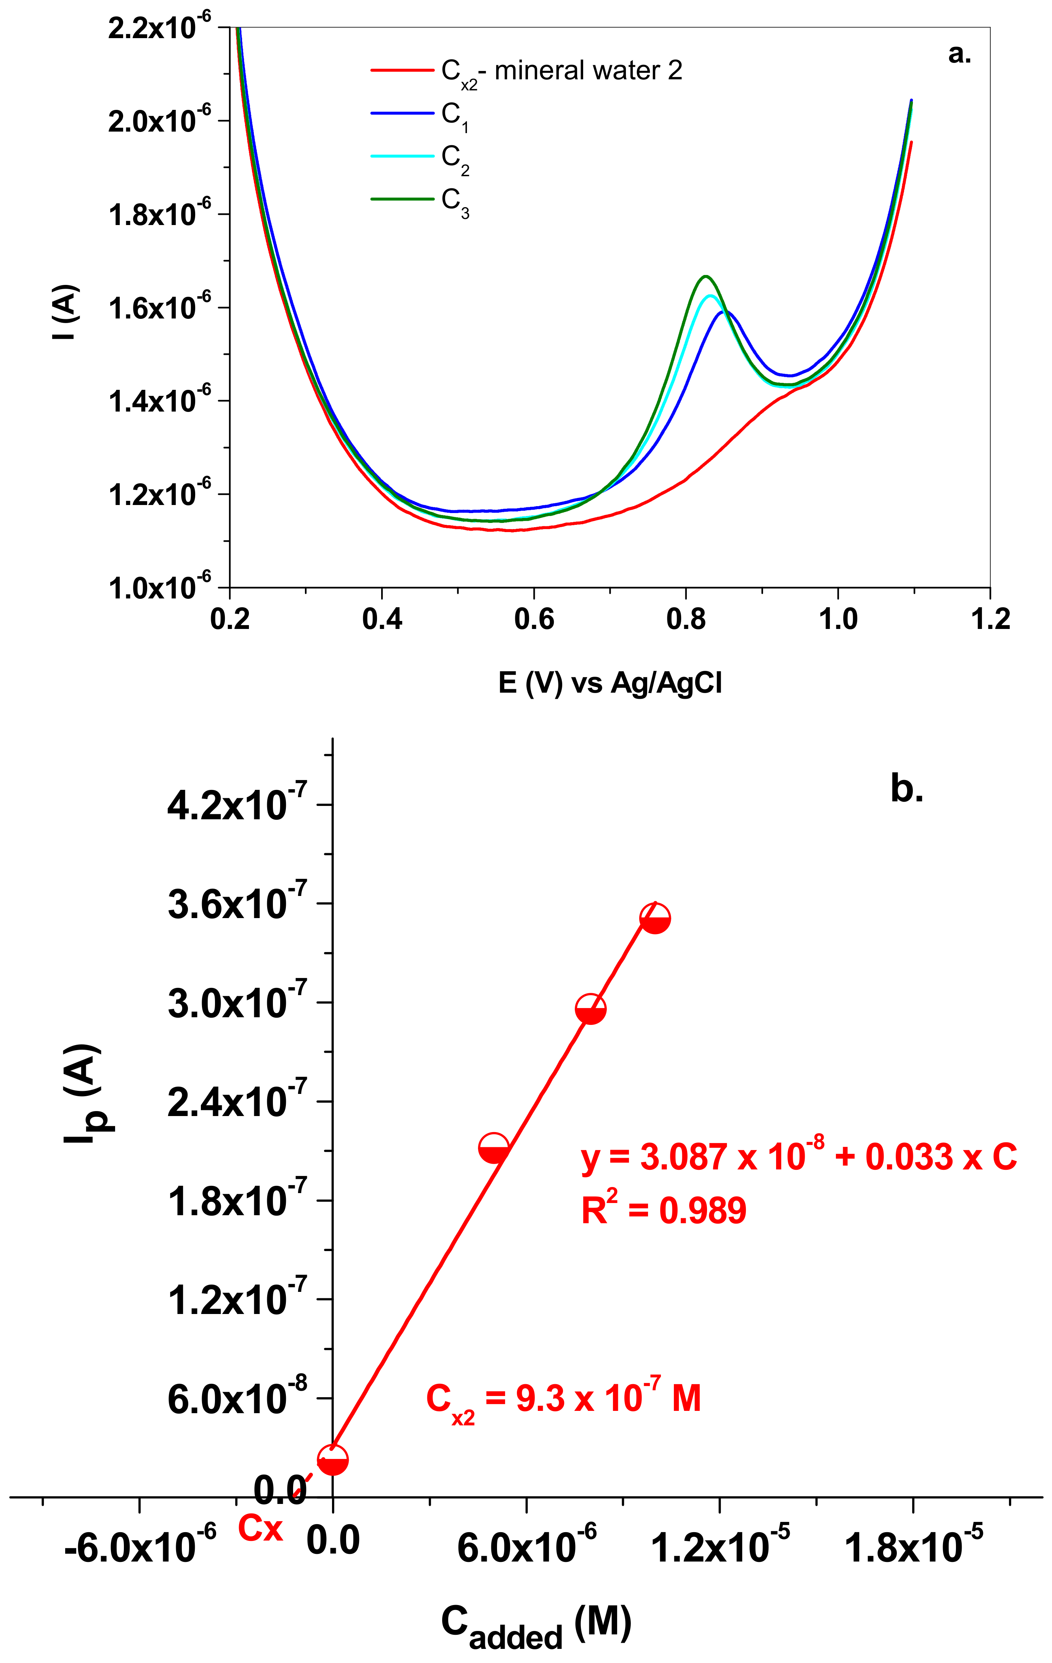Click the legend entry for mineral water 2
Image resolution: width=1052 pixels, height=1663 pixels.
pyautogui.click(x=561, y=71)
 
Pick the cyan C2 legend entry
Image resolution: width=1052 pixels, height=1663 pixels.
pyautogui.click(x=454, y=158)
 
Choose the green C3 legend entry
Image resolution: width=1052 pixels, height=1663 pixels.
pyautogui.click(x=454, y=201)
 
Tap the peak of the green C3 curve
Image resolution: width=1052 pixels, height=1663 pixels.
pyautogui.click(x=705, y=276)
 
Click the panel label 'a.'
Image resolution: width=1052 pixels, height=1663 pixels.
pyautogui.click(x=959, y=53)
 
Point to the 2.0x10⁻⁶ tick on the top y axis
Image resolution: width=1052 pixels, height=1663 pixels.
pyautogui.click(x=159, y=121)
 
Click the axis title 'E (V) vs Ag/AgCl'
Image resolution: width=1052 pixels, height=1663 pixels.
pyautogui.click(x=609, y=683)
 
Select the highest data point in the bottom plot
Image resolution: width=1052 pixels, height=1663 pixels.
pyautogui.click(x=655, y=918)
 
